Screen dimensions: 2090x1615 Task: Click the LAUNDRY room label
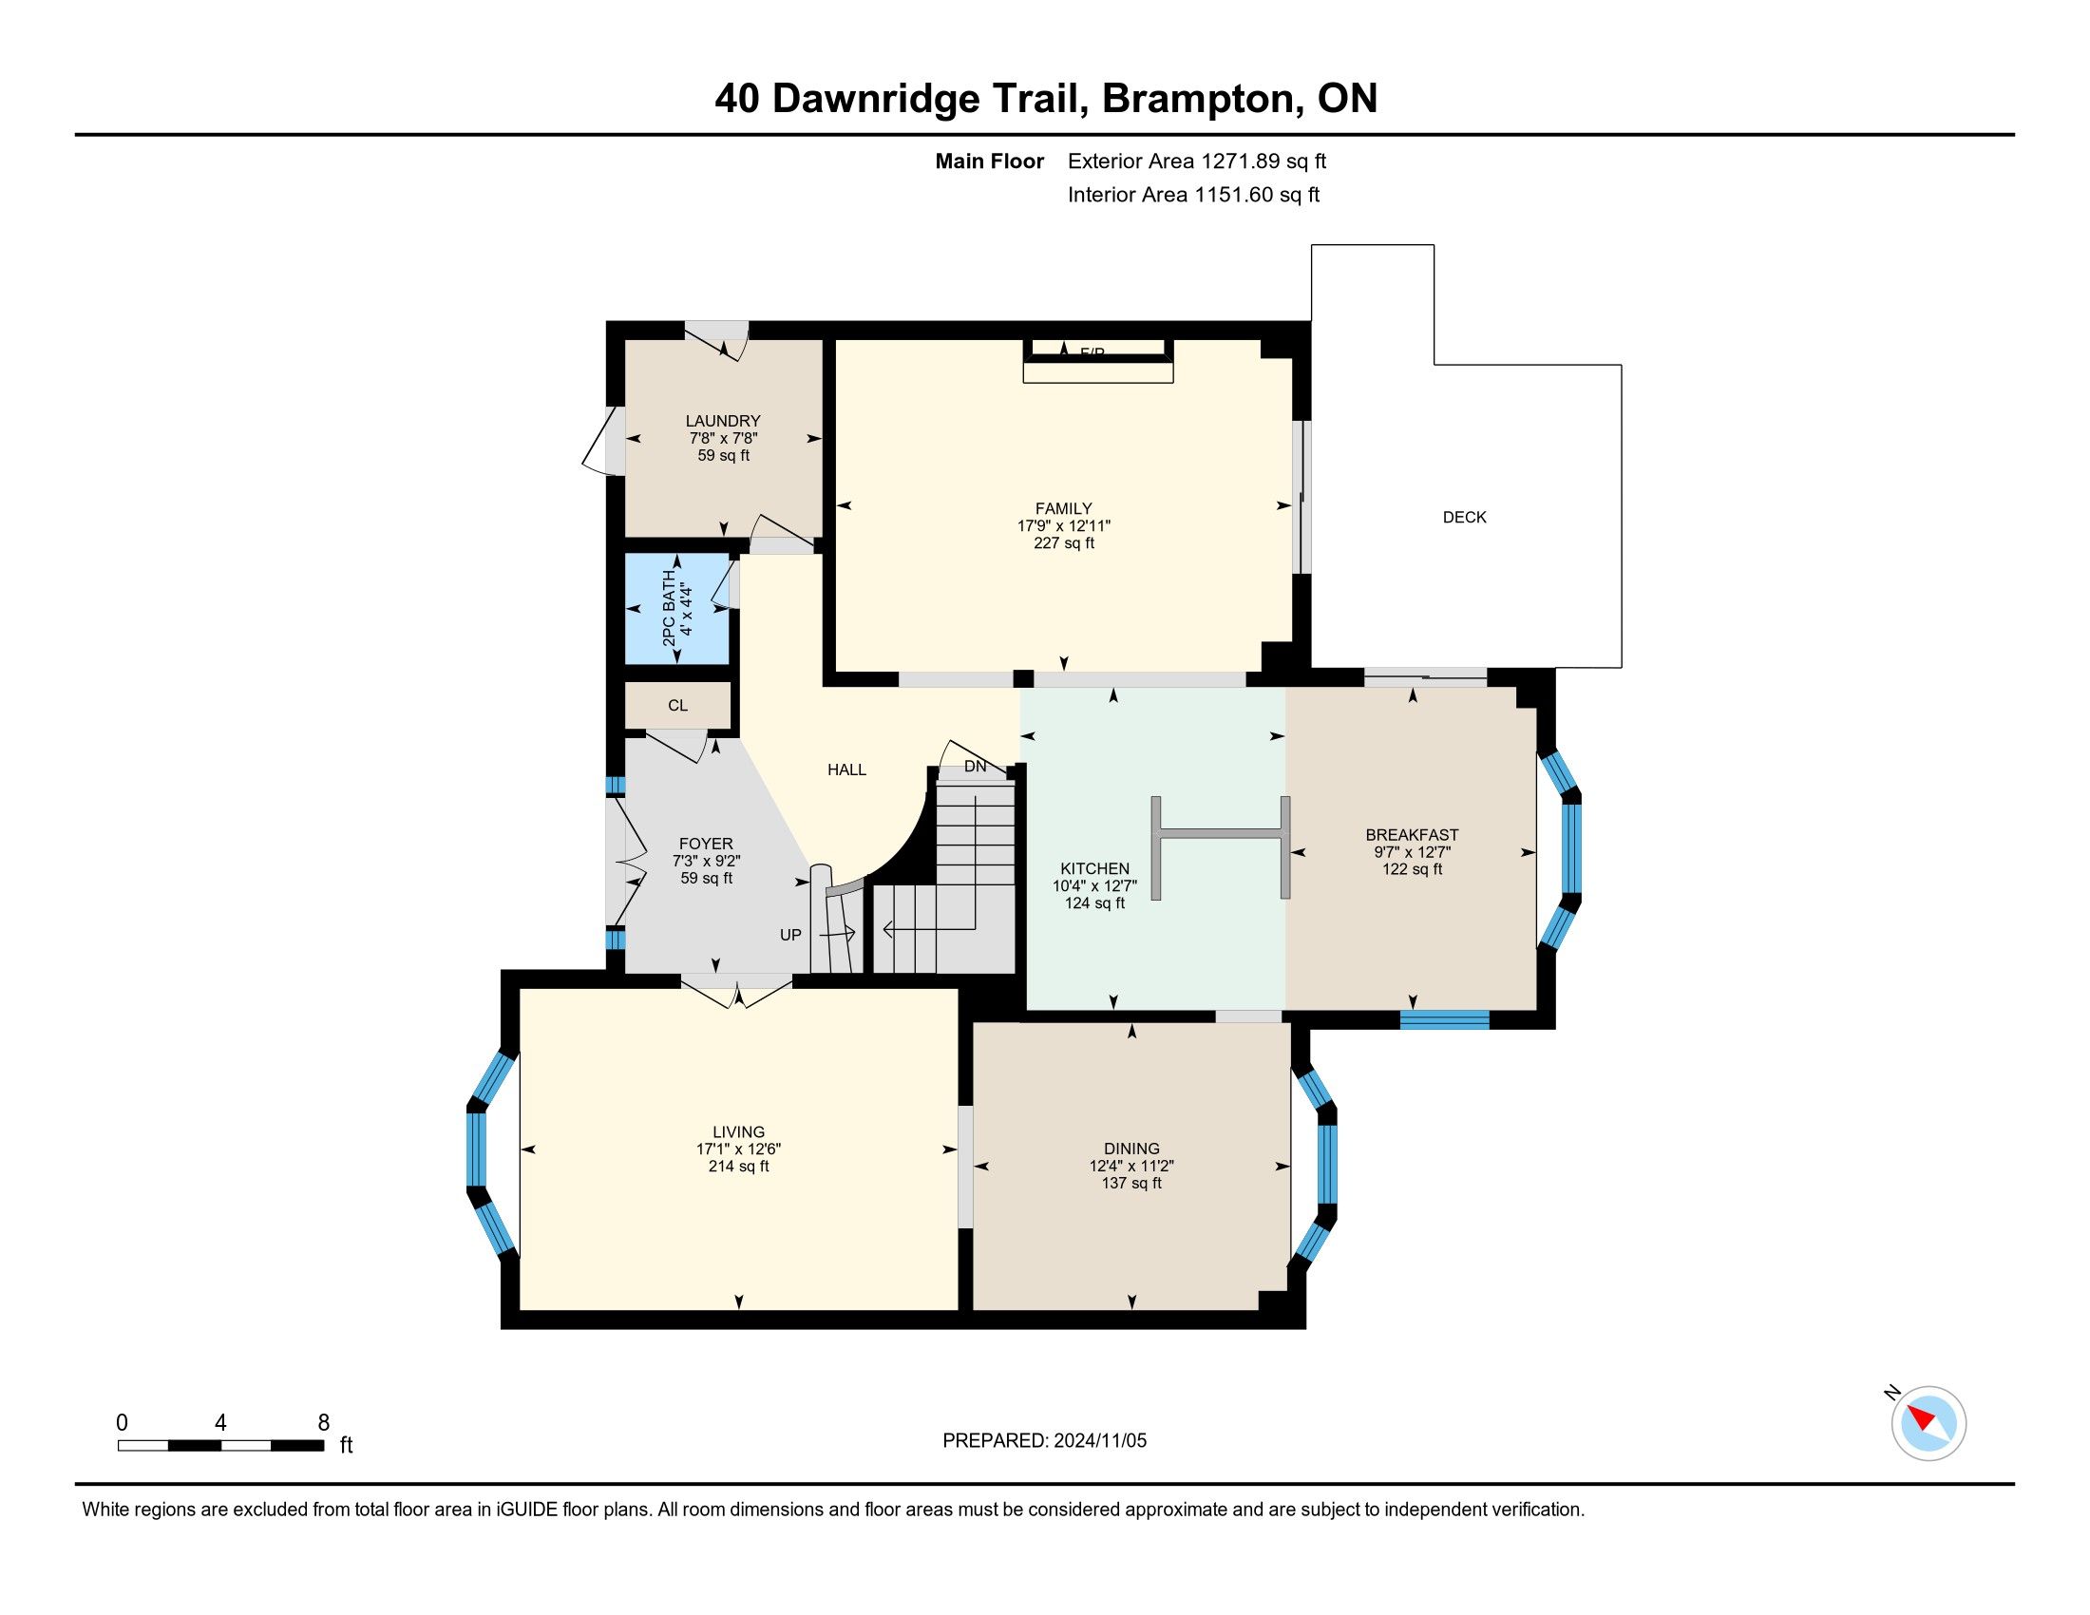pos(723,421)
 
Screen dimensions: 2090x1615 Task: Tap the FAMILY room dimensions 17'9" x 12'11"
pos(1063,526)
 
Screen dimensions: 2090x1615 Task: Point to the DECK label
pos(1464,518)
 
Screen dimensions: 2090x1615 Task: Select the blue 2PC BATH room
pos(677,609)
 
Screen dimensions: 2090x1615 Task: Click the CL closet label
pos(677,706)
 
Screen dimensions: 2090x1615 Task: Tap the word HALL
pos(846,769)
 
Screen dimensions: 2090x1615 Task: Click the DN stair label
pos(975,767)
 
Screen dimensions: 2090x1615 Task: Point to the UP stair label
pos(790,935)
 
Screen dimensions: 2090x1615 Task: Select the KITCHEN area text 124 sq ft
pos(1094,903)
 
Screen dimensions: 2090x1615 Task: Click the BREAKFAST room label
pos(1412,835)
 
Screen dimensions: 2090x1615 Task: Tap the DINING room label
pos(1131,1149)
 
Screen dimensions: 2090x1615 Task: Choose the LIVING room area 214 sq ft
pos(738,1167)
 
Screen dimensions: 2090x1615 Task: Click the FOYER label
pos(706,844)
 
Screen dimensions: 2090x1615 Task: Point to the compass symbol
pos(1928,1423)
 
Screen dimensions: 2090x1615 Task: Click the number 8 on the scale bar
pos(323,1423)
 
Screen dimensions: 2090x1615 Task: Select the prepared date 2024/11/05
pos(1099,1441)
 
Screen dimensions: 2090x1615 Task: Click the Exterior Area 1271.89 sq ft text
pos(1197,161)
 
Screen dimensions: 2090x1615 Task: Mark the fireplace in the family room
pos(1097,361)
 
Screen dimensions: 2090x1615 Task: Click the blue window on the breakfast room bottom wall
pos(1444,1020)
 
